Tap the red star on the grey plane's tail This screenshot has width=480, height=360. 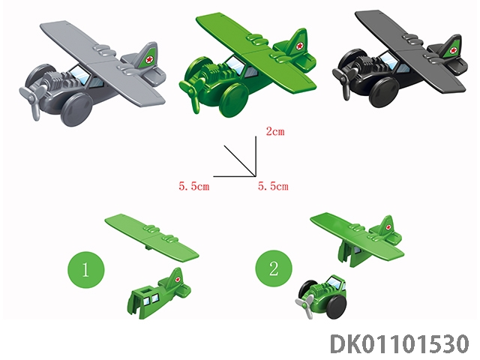coord(149,59)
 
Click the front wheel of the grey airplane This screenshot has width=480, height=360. coord(76,109)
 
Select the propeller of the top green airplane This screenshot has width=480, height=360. coord(193,91)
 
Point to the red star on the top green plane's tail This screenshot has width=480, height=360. coord(300,46)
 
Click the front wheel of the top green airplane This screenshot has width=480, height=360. coord(234,100)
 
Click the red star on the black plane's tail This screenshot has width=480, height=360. coord(453,50)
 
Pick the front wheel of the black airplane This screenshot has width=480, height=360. coord(384,91)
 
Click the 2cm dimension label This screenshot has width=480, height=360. coord(275,132)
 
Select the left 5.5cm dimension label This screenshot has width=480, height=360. coord(194,186)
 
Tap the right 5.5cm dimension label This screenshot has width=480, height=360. coord(273,186)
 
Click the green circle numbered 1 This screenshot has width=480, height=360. coord(86,270)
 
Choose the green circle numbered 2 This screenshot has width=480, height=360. coord(274,268)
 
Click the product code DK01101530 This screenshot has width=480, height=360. coord(400,344)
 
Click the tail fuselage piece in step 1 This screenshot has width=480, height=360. coord(159,294)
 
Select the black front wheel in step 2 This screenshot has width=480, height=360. coord(337,307)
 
